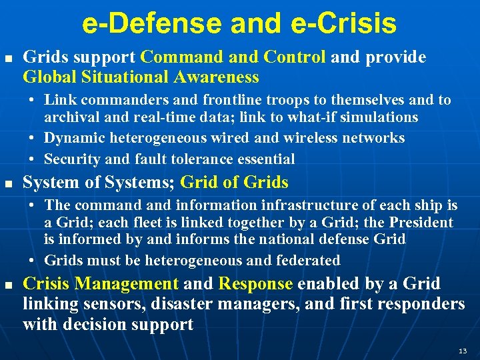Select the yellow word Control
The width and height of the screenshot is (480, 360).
(x=299, y=57)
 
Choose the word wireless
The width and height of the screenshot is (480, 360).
(x=314, y=138)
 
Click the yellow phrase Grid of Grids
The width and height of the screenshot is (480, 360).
(x=235, y=182)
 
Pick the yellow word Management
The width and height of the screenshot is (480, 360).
(x=126, y=284)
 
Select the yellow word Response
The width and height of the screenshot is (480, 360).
(x=255, y=284)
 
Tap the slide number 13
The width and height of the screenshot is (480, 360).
(x=463, y=351)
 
